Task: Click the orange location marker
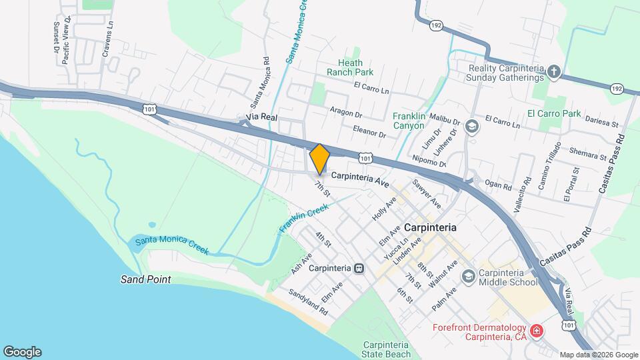coord(320,159)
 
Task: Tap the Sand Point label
coord(146,279)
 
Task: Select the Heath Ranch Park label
coord(350,67)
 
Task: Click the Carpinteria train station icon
coord(359,268)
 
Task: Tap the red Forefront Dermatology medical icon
coord(535,331)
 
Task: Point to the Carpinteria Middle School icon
coord(469,277)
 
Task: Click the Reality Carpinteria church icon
coord(553,71)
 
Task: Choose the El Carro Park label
coord(555,113)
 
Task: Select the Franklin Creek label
coord(304,219)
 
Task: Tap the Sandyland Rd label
coord(308,302)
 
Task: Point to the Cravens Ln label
coord(109,39)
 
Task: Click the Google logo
coord(22,352)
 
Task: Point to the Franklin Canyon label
coord(409,120)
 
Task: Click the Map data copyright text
coord(599,355)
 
